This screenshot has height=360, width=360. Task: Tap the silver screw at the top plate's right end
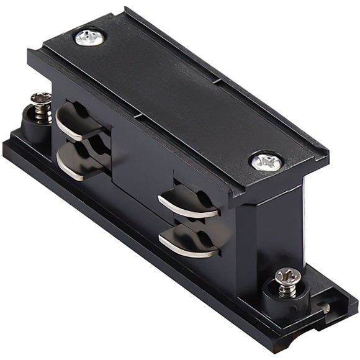point(266,161)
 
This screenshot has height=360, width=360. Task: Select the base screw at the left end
point(42,99)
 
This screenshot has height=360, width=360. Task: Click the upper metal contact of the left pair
point(78,121)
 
